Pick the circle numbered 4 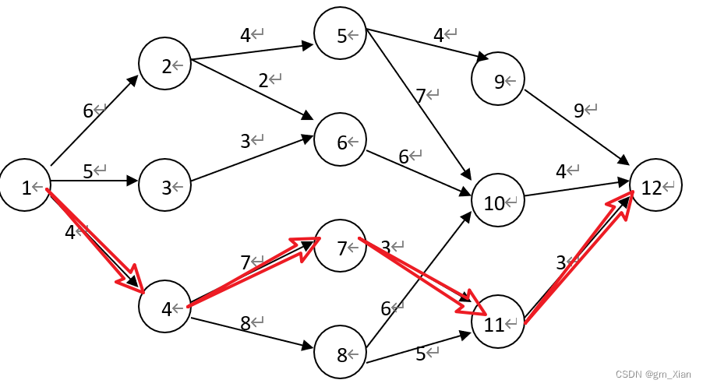(x=165, y=308)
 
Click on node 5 (x=341, y=34)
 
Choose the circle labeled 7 (x=341, y=247)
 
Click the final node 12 (x=655, y=186)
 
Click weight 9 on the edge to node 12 (x=578, y=110)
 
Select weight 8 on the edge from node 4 (x=245, y=323)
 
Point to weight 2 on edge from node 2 (x=263, y=79)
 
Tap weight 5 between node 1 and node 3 (x=87, y=171)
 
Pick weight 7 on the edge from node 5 (x=420, y=95)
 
